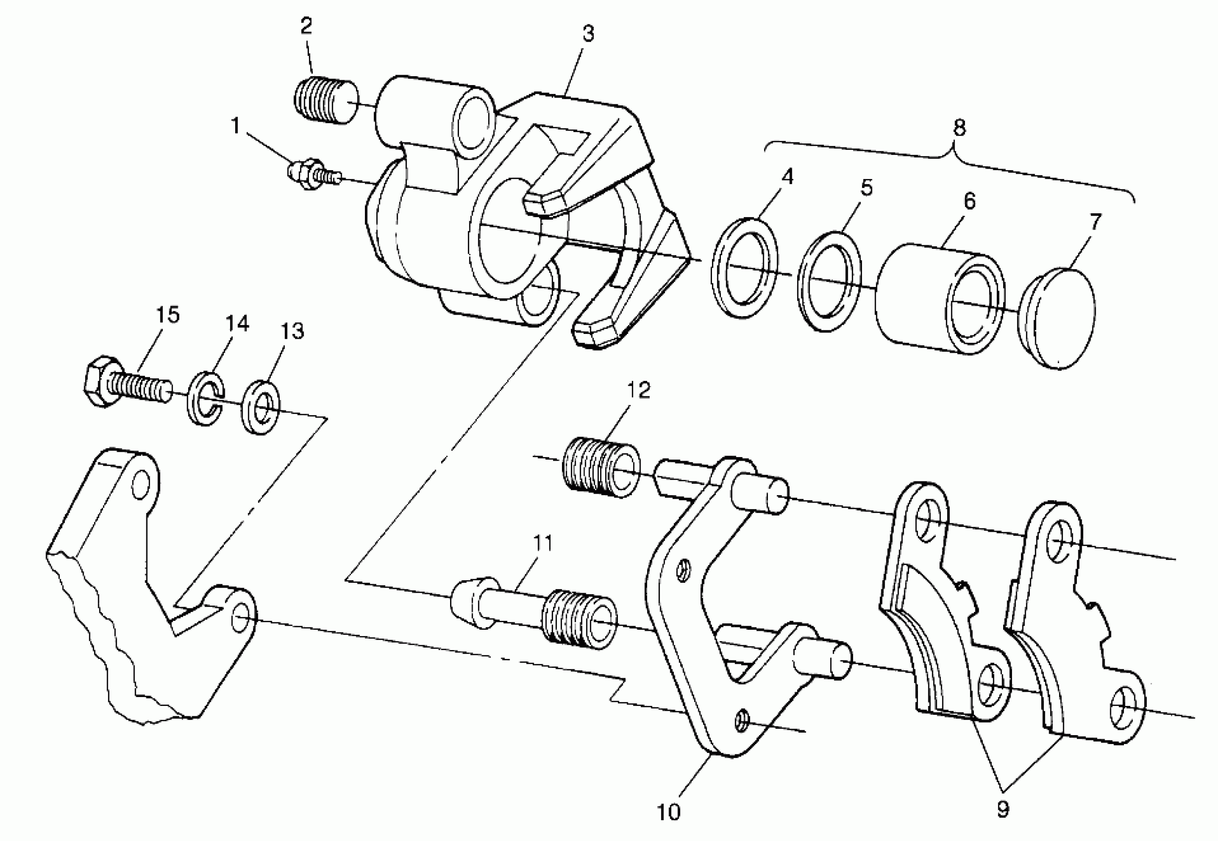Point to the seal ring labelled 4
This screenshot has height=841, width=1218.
pyautogui.click(x=744, y=269)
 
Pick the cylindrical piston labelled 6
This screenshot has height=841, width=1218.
pyautogui.click(x=939, y=299)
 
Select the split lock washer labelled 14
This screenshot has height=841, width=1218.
pyautogui.click(x=205, y=399)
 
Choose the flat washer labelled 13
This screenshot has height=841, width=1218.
pyautogui.click(x=261, y=406)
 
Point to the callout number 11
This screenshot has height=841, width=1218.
pyautogui.click(x=543, y=542)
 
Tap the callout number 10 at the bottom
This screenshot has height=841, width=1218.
pyautogui.click(x=668, y=812)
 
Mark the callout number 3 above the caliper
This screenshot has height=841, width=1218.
pyautogui.click(x=588, y=33)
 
